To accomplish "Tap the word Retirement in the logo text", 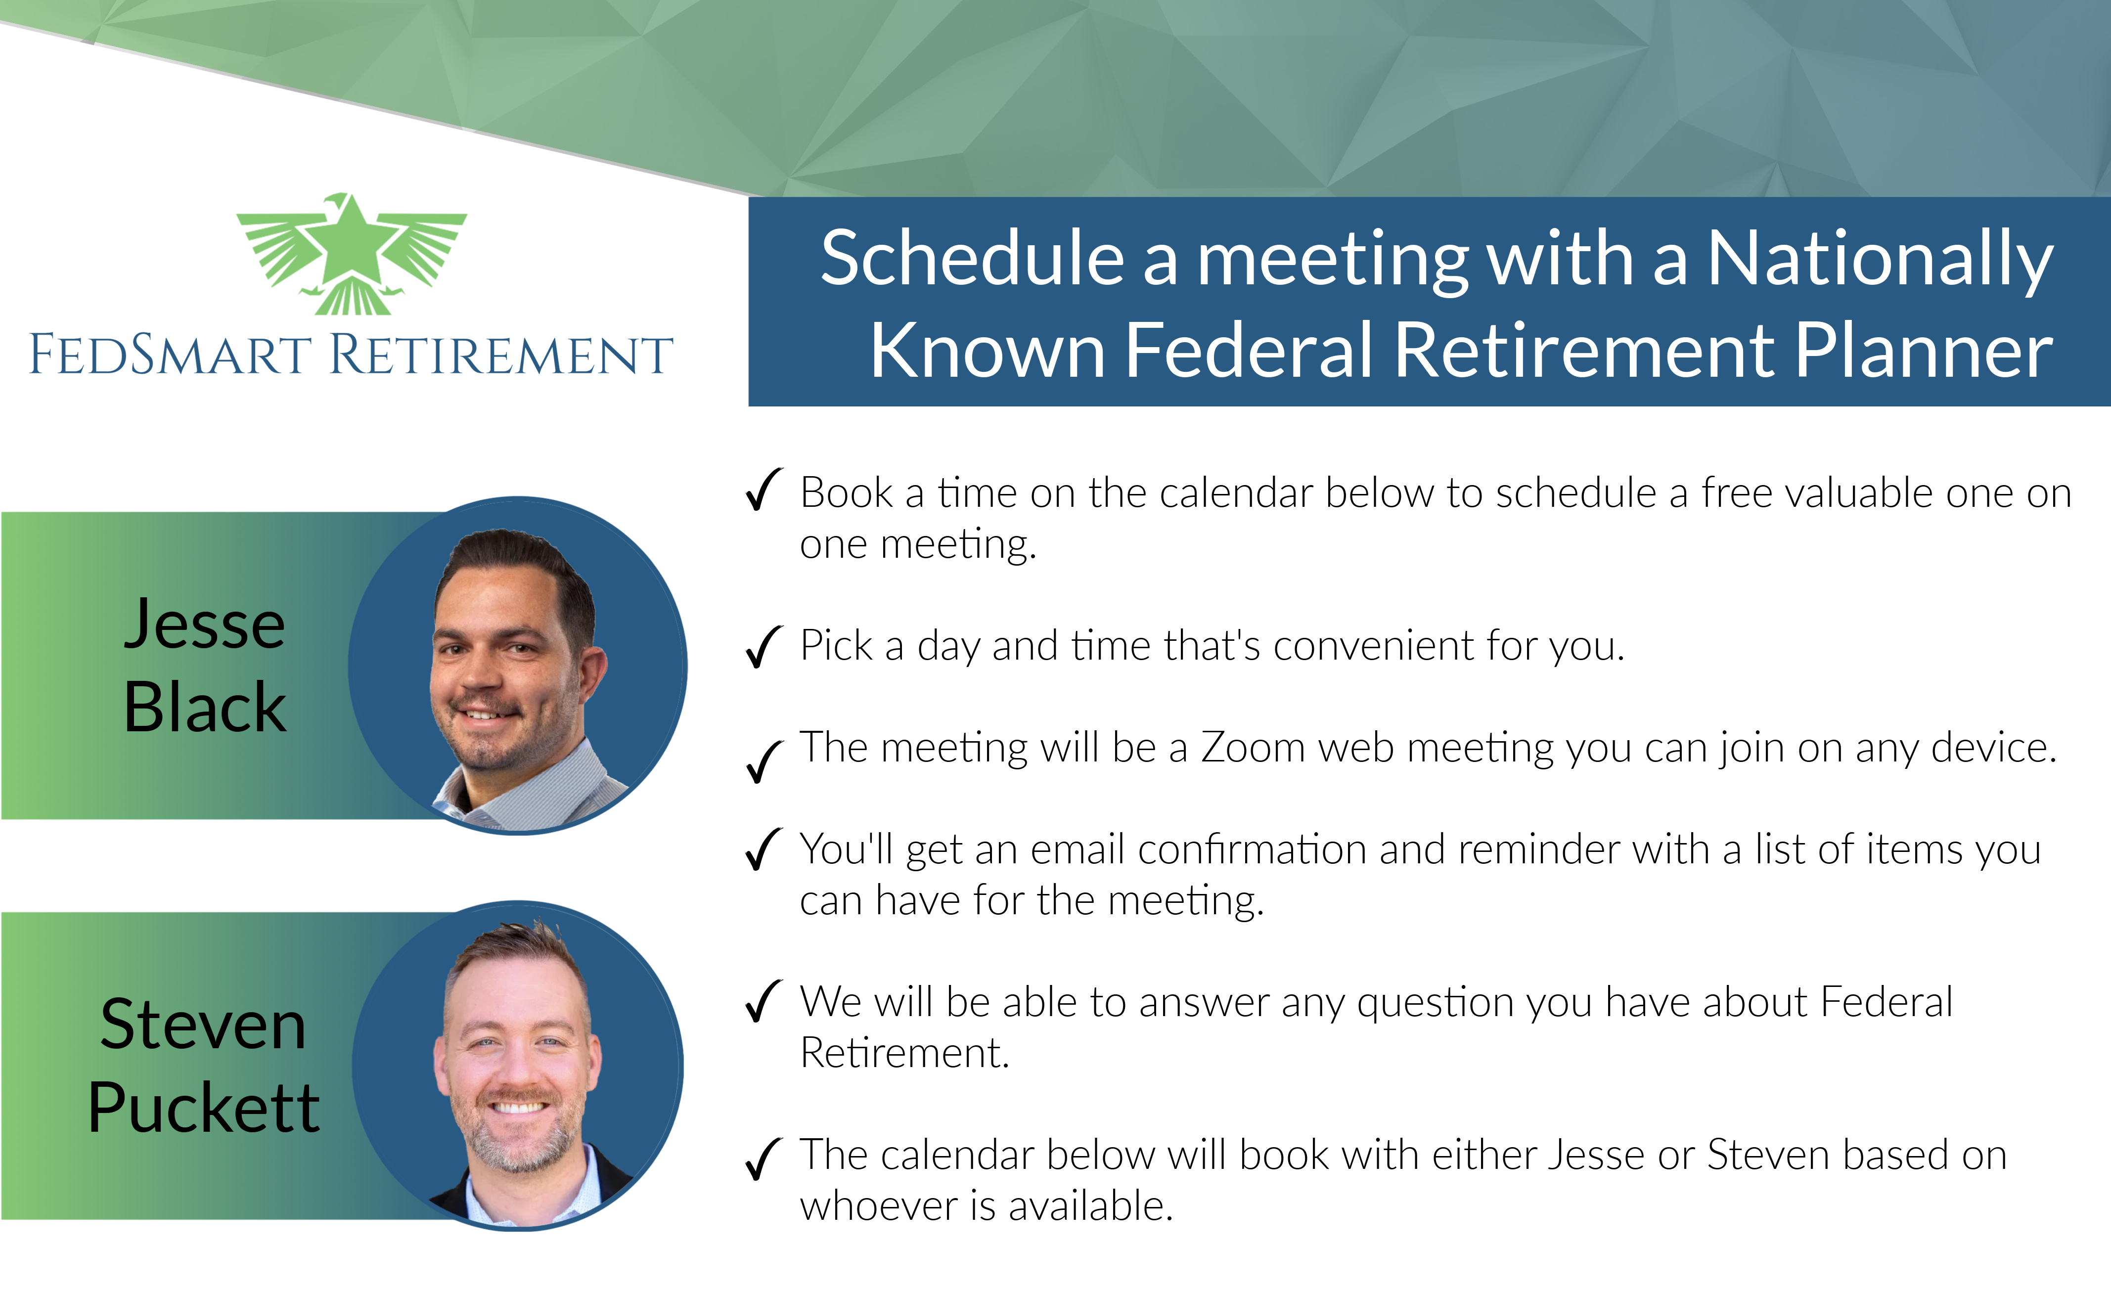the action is point(501,354).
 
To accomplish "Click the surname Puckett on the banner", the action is point(204,1107).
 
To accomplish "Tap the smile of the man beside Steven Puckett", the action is point(517,1107).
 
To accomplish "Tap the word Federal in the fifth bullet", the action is point(1886,1002).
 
